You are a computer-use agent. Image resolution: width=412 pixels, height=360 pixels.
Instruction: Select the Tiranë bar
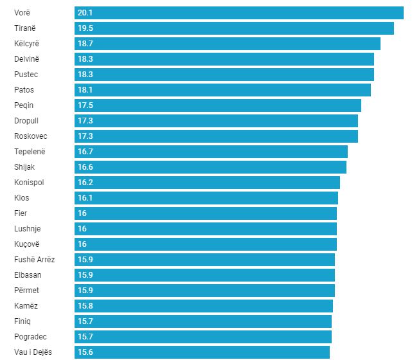tap(234, 28)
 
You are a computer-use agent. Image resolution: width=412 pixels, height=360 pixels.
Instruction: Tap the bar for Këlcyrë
tap(228, 44)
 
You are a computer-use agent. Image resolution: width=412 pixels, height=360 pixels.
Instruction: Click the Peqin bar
tap(218, 105)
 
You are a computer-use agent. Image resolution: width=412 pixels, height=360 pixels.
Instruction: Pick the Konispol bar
tap(207, 183)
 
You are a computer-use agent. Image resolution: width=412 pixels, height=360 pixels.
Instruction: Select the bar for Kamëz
tap(204, 306)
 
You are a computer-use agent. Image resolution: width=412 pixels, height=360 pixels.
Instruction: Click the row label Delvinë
tap(27, 59)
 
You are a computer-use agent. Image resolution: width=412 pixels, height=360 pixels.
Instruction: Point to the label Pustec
tap(26, 75)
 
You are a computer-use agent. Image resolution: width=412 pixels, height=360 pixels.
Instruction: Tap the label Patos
tap(24, 90)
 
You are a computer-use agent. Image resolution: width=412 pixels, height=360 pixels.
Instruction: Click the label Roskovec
tap(31, 136)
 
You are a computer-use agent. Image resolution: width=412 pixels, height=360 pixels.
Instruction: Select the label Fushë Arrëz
tap(35, 260)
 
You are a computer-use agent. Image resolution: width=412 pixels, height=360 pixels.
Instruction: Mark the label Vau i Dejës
tap(33, 352)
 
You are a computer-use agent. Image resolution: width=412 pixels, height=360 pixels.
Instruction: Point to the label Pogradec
tap(30, 337)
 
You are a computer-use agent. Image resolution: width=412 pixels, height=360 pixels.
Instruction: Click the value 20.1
tap(85, 13)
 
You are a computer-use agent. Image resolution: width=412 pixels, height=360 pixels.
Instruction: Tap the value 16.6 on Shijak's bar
tap(85, 167)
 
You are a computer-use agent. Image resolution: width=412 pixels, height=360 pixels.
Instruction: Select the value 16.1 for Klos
tap(85, 198)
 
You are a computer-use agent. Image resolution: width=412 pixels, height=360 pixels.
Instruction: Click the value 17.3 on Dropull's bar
tap(85, 121)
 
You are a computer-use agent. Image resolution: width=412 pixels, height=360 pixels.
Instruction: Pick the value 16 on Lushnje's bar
tap(82, 229)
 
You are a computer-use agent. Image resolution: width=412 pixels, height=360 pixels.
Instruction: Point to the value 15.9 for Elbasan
tap(85, 275)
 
